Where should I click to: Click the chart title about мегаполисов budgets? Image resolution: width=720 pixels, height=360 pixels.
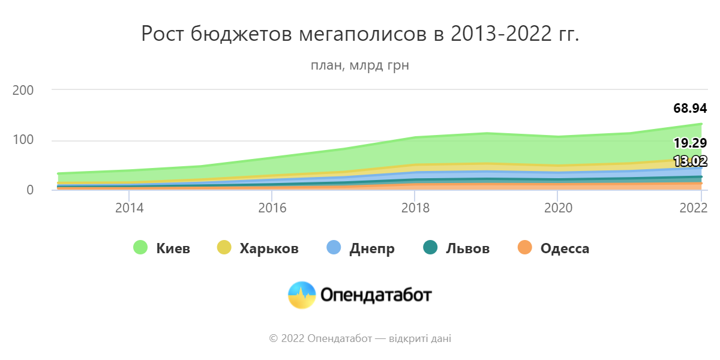click(x=360, y=34)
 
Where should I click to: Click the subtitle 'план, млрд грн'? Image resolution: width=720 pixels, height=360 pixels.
click(x=360, y=65)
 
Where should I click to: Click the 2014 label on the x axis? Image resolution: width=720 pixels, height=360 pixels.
click(x=129, y=208)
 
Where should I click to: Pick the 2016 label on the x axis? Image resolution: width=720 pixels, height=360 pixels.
click(x=272, y=208)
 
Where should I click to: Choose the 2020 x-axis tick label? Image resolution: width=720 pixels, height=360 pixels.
click(x=558, y=208)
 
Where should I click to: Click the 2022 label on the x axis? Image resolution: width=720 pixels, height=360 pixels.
click(x=693, y=208)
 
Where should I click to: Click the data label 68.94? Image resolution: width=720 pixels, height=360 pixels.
click(x=690, y=109)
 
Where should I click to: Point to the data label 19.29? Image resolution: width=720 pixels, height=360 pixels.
click(x=690, y=143)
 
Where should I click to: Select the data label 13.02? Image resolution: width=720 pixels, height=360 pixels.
click(x=690, y=161)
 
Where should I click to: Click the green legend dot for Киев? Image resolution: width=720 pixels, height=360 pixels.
click(x=140, y=248)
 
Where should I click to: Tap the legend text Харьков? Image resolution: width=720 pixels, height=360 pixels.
click(x=269, y=248)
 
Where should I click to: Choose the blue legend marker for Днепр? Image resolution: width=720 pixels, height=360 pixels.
click(x=334, y=248)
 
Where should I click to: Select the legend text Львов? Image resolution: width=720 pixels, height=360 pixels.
click(x=467, y=248)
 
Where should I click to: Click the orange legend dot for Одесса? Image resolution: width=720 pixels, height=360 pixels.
click(x=524, y=248)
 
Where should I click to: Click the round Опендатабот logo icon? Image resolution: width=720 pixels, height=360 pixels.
click(x=302, y=295)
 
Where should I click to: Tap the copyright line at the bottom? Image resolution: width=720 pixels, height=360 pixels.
click(x=360, y=339)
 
